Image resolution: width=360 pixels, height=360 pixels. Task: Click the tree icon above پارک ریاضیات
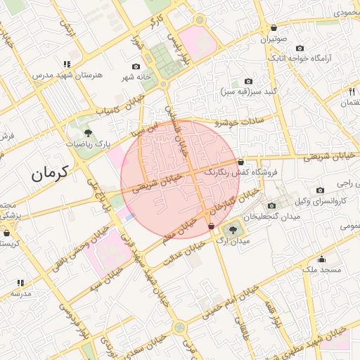click(88, 131)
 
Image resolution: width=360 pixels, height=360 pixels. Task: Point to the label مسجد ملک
click(321, 269)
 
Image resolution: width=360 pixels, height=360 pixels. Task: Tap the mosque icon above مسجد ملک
click(321, 258)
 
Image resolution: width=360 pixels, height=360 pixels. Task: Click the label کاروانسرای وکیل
click(321, 202)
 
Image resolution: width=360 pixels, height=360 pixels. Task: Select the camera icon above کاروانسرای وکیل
click(321, 191)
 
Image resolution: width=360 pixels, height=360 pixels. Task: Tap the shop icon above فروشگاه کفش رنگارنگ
click(240, 162)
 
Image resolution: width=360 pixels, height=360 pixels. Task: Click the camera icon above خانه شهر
click(136, 66)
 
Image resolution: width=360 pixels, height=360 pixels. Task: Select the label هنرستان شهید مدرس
click(66, 75)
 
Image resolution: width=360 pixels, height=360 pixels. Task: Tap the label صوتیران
click(275, 39)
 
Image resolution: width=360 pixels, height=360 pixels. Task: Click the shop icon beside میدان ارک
click(211, 226)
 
